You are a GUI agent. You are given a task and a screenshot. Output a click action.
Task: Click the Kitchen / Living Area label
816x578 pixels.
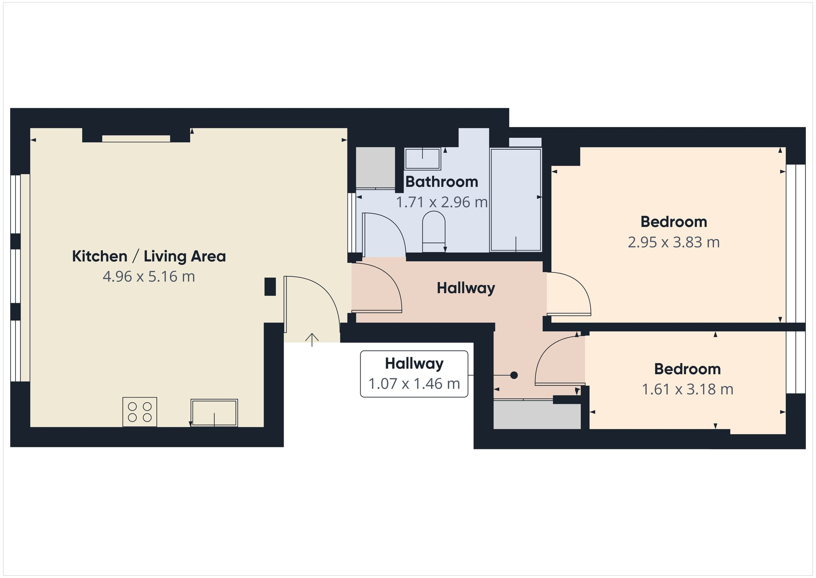click(x=149, y=257)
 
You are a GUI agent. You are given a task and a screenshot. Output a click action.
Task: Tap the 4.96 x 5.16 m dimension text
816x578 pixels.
click(x=149, y=277)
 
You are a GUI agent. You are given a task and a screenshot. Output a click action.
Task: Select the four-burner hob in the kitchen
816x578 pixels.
click(x=140, y=412)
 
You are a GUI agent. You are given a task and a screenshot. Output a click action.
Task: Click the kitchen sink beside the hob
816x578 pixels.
click(x=214, y=413)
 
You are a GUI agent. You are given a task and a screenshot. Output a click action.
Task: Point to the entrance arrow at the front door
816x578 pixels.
click(x=312, y=339)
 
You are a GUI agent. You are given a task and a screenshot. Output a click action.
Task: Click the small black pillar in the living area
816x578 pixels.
click(x=270, y=286)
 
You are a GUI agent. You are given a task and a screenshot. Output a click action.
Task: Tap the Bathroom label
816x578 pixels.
click(x=441, y=182)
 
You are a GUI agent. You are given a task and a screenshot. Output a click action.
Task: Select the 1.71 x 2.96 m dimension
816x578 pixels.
click(x=441, y=202)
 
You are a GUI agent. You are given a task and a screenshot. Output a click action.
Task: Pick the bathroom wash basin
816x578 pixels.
click(x=422, y=158)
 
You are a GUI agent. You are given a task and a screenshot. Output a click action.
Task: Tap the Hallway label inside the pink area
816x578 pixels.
click(x=466, y=288)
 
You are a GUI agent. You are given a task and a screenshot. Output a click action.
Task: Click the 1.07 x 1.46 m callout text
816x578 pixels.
click(x=414, y=384)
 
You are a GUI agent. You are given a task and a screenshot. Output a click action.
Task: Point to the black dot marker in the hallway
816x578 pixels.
click(x=514, y=375)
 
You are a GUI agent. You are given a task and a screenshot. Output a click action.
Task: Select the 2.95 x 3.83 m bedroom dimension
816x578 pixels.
click(x=673, y=243)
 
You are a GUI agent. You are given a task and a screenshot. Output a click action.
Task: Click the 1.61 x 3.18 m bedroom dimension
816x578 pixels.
click(x=687, y=390)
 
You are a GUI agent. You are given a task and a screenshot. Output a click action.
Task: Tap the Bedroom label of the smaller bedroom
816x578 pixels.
click(x=687, y=369)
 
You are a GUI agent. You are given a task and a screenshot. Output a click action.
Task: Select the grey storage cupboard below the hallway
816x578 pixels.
click(x=537, y=415)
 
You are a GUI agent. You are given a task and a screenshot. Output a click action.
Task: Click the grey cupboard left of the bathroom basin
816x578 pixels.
click(x=375, y=167)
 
